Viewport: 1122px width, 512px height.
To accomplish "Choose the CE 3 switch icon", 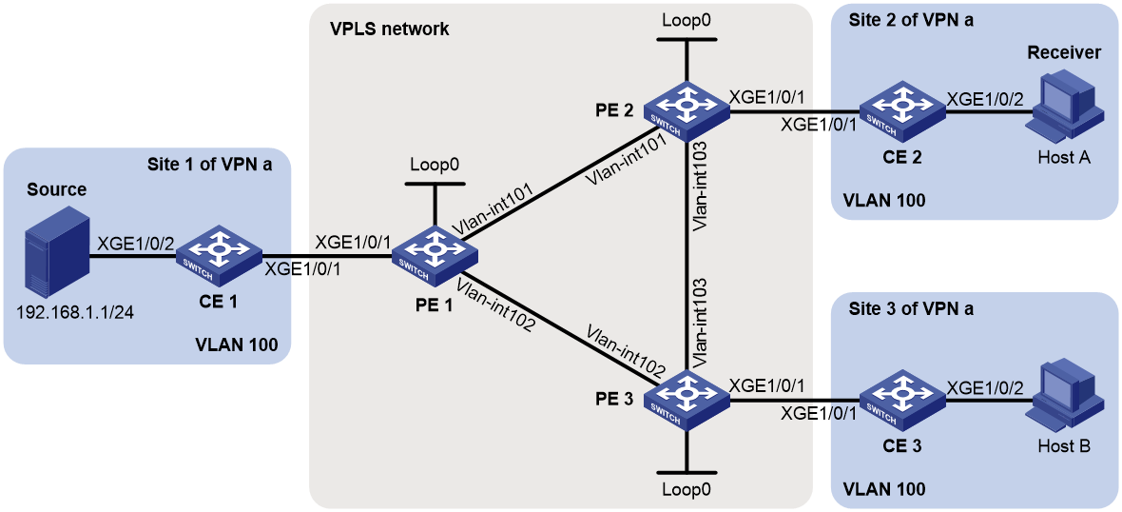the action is (x=902, y=399).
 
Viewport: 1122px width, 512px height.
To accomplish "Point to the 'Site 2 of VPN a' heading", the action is (x=911, y=21).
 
